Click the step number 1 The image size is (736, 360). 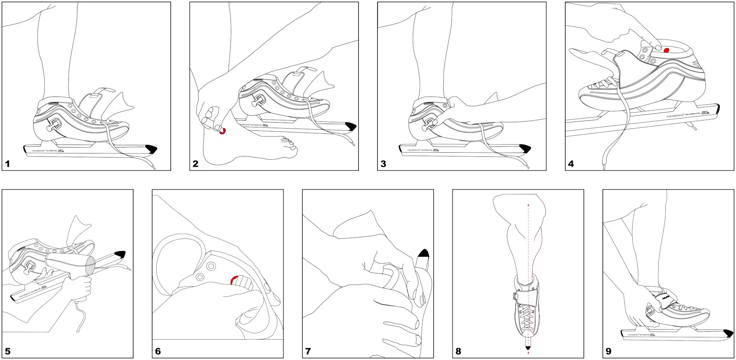click(x=7, y=164)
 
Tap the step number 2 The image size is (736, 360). click(x=195, y=164)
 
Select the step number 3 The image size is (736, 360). click(x=383, y=164)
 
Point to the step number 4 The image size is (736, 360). click(x=571, y=164)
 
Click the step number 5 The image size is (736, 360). click(x=7, y=351)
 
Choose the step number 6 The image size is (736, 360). click(x=158, y=351)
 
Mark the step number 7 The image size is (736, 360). click(x=308, y=351)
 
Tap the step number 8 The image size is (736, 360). click(x=458, y=351)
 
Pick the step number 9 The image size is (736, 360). click(x=608, y=351)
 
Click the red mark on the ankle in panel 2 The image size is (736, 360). click(x=223, y=131)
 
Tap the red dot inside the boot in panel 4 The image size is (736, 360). click(x=666, y=50)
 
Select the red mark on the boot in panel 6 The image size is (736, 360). click(x=234, y=280)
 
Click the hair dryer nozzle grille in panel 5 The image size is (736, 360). click(x=90, y=266)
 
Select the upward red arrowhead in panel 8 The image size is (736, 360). click(x=528, y=205)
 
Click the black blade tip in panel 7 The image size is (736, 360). click(x=424, y=254)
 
